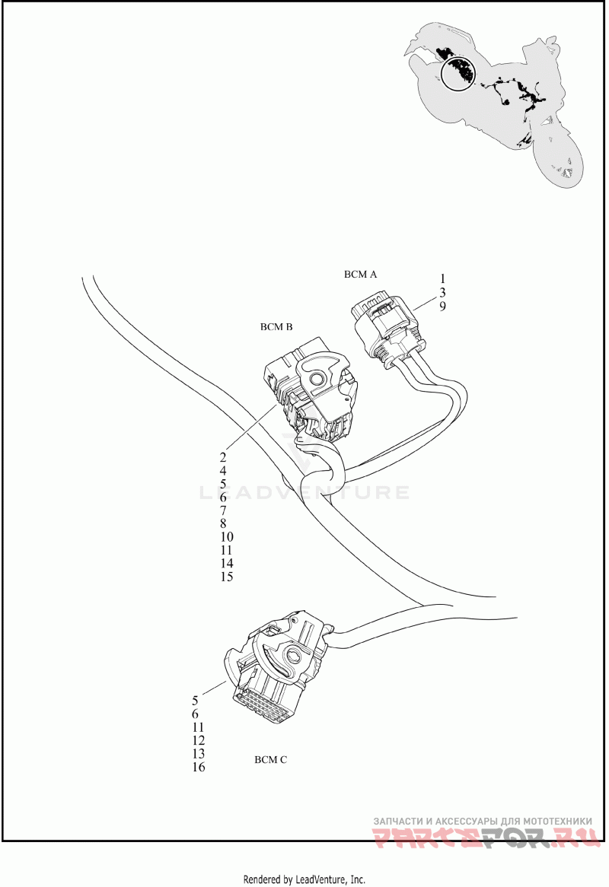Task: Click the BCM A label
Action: click(360, 275)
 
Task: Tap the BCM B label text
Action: click(276, 327)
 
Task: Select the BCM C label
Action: click(270, 760)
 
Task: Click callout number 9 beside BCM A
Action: click(442, 306)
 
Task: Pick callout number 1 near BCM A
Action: click(442, 279)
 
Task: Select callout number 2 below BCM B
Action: click(222, 457)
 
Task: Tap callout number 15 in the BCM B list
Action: click(226, 577)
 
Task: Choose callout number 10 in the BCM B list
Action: click(226, 537)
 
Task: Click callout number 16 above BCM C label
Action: click(198, 767)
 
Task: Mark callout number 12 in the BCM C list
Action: click(198, 740)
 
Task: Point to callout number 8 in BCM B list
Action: click(222, 523)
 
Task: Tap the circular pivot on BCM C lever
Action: click(295, 657)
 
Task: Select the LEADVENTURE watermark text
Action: click(304, 491)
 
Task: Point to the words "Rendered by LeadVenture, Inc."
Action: click(304, 879)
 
